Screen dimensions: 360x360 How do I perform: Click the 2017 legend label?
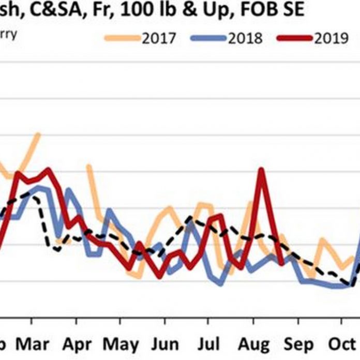coord(159,38)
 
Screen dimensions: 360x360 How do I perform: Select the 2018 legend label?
coord(245,38)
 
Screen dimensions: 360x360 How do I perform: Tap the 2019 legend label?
coord(331,38)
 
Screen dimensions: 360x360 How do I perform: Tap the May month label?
coord(121,344)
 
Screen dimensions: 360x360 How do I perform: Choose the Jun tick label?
coord(164,344)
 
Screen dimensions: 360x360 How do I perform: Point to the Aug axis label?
coord(253,344)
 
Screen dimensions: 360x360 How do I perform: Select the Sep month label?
coord(297,344)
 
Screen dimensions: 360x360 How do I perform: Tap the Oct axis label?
coord(341,344)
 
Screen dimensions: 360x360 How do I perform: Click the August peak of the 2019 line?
coord(262,169)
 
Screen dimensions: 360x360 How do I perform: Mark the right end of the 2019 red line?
coord(281,263)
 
